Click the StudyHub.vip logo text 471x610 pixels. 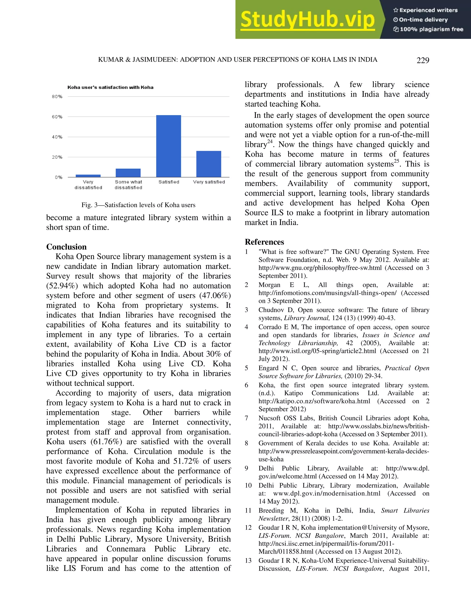click(x=307, y=20)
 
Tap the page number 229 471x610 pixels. click(x=422, y=60)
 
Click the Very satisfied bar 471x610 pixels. click(x=209, y=164)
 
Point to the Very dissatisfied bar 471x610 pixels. click(x=88, y=176)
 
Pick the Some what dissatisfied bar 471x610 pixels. click(x=128, y=173)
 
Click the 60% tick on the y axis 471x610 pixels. click(x=57, y=117)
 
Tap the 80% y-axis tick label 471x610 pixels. click(x=57, y=97)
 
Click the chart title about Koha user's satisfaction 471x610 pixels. click(x=110, y=87)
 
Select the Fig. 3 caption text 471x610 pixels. click(x=138, y=205)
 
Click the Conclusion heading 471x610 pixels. click(x=66, y=247)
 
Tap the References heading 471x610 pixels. click(x=264, y=242)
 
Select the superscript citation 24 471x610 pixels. click(x=270, y=141)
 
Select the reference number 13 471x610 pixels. click(x=248, y=561)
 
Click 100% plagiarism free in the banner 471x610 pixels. click(x=431, y=29)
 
